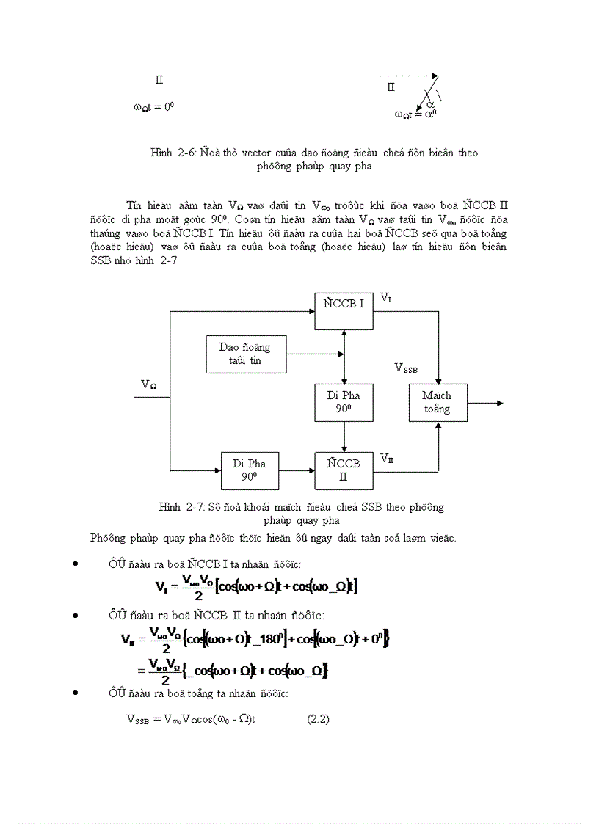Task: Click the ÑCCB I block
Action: click(x=344, y=311)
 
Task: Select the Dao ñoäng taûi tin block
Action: click(x=244, y=354)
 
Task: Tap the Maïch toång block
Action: click(x=438, y=402)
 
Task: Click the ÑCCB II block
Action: click(x=344, y=470)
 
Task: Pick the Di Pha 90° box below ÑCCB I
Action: click(x=344, y=402)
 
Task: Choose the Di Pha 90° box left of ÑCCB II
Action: click(x=250, y=470)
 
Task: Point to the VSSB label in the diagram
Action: click(x=406, y=368)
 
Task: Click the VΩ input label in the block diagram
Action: click(x=149, y=384)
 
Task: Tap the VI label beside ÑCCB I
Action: click(x=385, y=297)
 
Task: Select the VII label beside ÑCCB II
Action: click(x=386, y=459)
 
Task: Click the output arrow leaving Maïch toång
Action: click(x=485, y=403)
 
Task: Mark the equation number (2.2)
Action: click(x=318, y=719)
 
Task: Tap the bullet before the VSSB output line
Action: click(x=76, y=693)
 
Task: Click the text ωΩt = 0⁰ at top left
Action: click(x=153, y=106)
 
